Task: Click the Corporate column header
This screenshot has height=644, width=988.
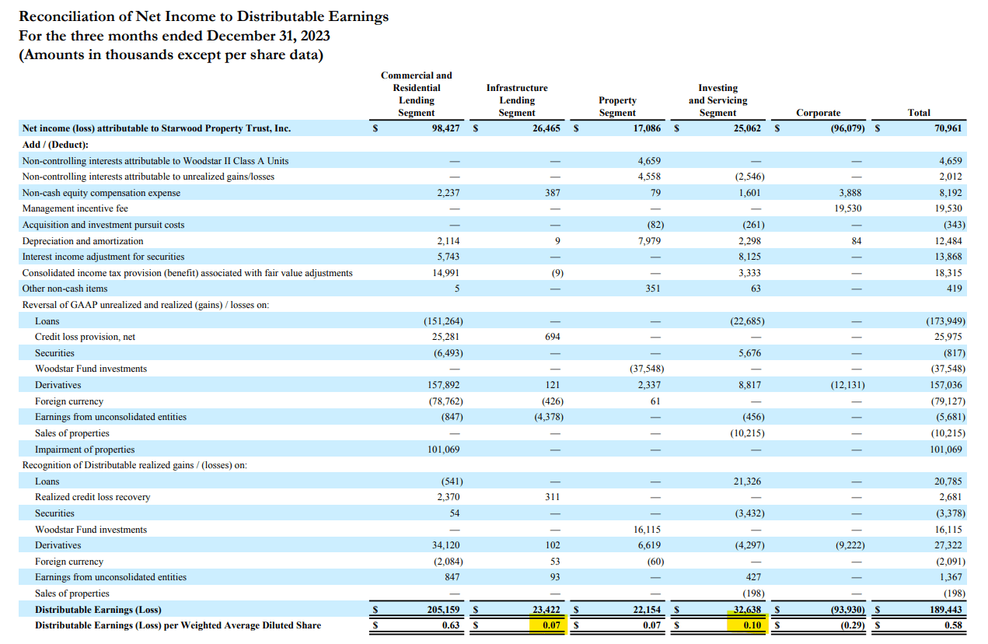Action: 818,113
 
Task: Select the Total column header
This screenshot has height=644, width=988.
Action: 918,113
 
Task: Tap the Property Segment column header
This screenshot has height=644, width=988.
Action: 617,107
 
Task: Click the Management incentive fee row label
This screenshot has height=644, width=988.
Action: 75,208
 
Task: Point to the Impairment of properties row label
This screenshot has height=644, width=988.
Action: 85,450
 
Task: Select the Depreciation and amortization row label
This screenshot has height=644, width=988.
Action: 82,241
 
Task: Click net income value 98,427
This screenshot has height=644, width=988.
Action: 447,128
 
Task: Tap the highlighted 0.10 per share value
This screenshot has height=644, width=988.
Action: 751,625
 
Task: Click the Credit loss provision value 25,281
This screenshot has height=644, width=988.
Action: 448,337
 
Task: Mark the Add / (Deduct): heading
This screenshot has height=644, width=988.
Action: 55,145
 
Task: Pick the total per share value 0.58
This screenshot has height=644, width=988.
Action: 952,625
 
